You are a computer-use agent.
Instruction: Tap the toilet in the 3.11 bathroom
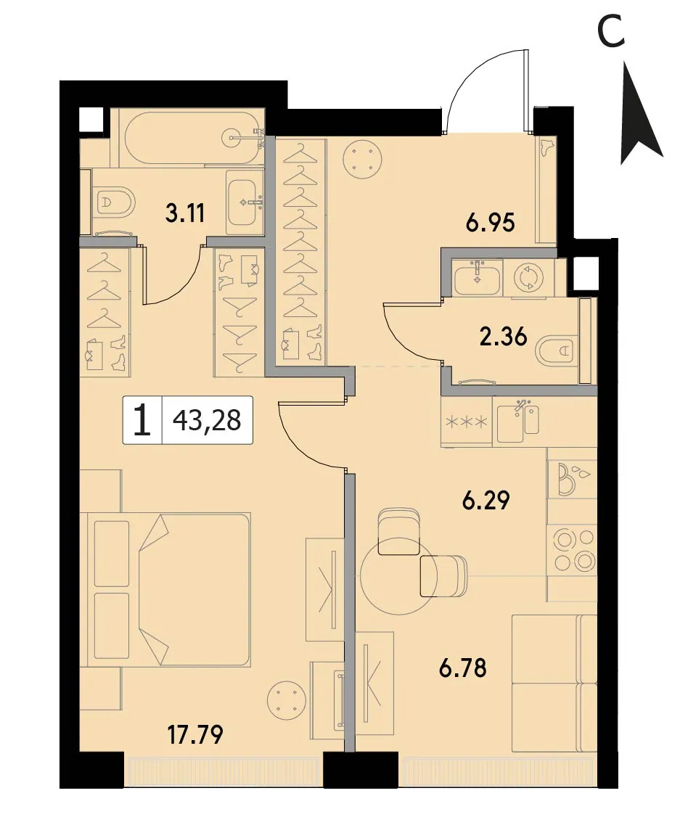pyautogui.click(x=113, y=202)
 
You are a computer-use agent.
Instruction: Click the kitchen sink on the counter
pyautogui.click(x=519, y=422)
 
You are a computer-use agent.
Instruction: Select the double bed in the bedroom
pyautogui.click(x=165, y=589)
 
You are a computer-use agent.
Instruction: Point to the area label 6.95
pyautogui.click(x=491, y=223)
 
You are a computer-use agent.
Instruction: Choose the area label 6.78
pyautogui.click(x=463, y=668)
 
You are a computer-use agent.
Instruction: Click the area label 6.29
pyautogui.click(x=486, y=500)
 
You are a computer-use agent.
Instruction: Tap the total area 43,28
pyautogui.click(x=207, y=420)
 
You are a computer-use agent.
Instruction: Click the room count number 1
pyautogui.click(x=142, y=420)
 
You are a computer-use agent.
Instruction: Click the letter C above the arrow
pyautogui.click(x=612, y=32)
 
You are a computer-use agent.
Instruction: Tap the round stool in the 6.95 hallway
pyautogui.click(x=364, y=158)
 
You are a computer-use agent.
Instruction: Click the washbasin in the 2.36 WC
pyautogui.click(x=477, y=278)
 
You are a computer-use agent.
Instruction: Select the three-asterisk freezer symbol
pyautogui.click(x=467, y=423)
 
